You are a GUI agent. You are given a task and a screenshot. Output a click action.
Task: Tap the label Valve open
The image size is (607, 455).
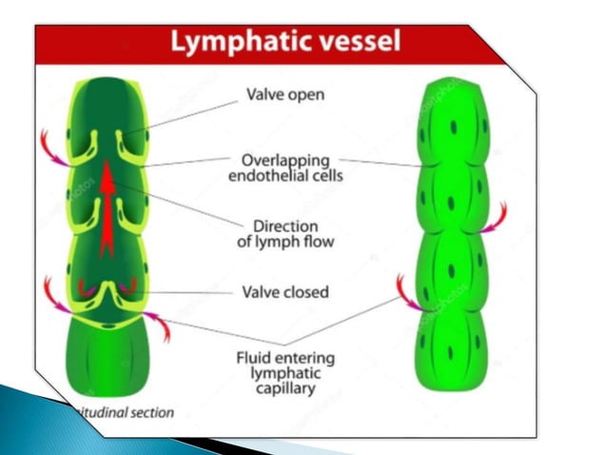[284, 95]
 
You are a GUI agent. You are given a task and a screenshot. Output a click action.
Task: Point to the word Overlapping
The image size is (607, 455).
[284, 159]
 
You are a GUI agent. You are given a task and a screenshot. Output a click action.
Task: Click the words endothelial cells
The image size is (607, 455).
[284, 175]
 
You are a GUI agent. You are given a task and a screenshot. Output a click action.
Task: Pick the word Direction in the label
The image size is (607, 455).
[284, 227]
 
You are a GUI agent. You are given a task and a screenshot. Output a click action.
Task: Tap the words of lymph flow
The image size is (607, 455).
[284, 243]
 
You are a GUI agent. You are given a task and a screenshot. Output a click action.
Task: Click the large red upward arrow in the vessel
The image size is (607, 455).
[108, 205]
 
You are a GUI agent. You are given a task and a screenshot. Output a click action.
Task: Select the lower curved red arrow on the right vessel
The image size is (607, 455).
[407, 290]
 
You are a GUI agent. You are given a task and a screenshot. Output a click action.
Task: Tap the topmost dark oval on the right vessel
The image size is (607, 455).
[453, 127]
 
